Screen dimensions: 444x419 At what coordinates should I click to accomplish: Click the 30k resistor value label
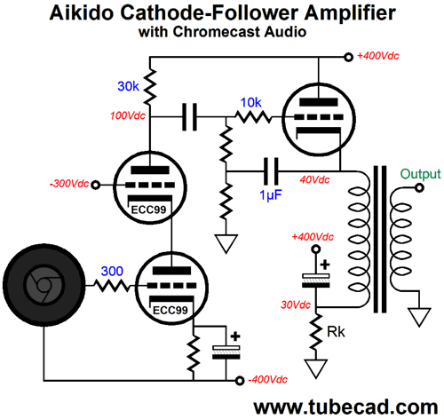[128, 86]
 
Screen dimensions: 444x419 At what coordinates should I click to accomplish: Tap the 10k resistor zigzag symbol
[253, 117]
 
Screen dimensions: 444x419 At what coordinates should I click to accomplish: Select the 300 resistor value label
[112, 271]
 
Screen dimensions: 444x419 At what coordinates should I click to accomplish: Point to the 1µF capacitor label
[271, 195]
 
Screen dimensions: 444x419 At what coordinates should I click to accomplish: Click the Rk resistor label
[336, 332]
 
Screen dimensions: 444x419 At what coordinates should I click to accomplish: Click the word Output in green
[420, 175]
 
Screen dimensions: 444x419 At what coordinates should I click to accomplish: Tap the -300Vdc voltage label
[69, 184]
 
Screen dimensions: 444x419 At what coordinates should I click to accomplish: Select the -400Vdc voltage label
[267, 380]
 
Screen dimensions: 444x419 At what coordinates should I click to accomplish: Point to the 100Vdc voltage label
[128, 115]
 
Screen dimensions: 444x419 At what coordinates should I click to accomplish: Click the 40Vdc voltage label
[314, 179]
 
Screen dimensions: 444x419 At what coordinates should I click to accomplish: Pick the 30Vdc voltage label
[296, 304]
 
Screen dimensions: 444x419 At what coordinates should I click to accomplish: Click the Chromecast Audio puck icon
[44, 285]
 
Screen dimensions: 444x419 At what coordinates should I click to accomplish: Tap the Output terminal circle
[419, 188]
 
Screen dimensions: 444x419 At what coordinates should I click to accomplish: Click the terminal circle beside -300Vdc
[95, 185]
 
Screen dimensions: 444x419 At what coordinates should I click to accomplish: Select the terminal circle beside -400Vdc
[240, 381]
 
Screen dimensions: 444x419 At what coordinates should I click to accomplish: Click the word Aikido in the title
[81, 12]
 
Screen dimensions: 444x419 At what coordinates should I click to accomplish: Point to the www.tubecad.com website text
[345, 407]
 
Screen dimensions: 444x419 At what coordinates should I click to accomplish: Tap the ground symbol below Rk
[316, 368]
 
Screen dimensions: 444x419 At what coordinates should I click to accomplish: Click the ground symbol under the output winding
[419, 318]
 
